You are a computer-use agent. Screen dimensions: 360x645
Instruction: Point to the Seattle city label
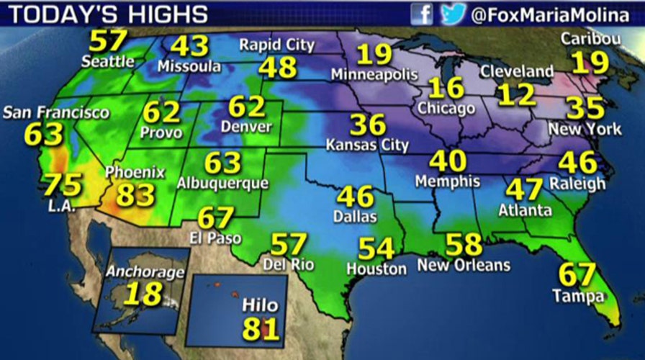coord(107,61)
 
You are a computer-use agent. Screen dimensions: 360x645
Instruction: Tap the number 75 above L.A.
coord(62,184)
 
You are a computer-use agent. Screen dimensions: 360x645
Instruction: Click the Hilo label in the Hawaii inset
coord(260,307)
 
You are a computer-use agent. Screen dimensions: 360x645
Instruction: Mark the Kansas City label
coord(367,145)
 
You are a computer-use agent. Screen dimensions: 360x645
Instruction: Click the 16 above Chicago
coord(445,88)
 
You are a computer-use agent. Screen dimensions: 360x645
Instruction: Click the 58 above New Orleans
coord(464,245)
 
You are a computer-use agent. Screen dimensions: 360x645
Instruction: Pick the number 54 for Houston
coord(376,248)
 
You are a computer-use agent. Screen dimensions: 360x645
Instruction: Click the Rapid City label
coord(277,45)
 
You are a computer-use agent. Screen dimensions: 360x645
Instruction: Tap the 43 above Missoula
coord(189,46)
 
